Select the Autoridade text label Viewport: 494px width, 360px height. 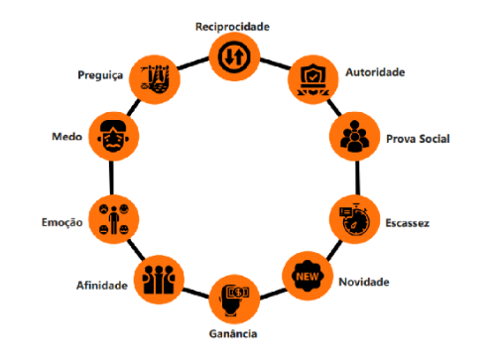click(374, 72)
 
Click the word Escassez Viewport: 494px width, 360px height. click(408, 223)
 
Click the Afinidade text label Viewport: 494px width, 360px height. click(102, 286)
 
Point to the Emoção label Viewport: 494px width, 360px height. click(62, 223)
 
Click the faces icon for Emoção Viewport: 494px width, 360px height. click(111, 216)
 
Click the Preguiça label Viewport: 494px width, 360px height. click(98, 73)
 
